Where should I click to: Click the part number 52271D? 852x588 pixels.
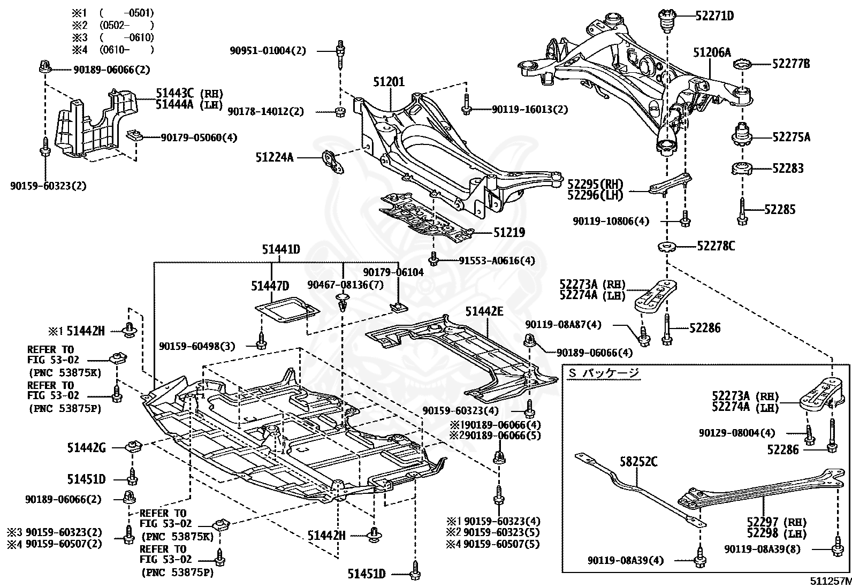(714, 16)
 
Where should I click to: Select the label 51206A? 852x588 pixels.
(712, 52)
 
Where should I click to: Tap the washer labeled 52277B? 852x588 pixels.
(742, 64)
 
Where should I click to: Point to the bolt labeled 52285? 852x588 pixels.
(742, 211)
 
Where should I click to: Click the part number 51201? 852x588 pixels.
(389, 82)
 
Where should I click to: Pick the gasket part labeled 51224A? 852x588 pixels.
(333, 162)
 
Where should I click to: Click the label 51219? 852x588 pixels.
(509, 232)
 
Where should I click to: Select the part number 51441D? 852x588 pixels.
(281, 249)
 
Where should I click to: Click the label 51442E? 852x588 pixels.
(484, 311)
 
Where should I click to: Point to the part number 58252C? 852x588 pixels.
(638, 462)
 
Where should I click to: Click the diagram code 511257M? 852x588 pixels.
(830, 581)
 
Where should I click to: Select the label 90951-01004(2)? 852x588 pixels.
(268, 51)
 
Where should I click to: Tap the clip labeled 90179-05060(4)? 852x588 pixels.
(134, 135)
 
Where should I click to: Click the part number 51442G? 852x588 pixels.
(86, 448)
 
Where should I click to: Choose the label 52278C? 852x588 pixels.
(716, 246)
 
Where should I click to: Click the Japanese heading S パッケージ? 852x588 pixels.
(604, 373)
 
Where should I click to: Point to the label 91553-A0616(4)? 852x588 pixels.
(497, 261)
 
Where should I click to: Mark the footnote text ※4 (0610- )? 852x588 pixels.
(113, 49)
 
